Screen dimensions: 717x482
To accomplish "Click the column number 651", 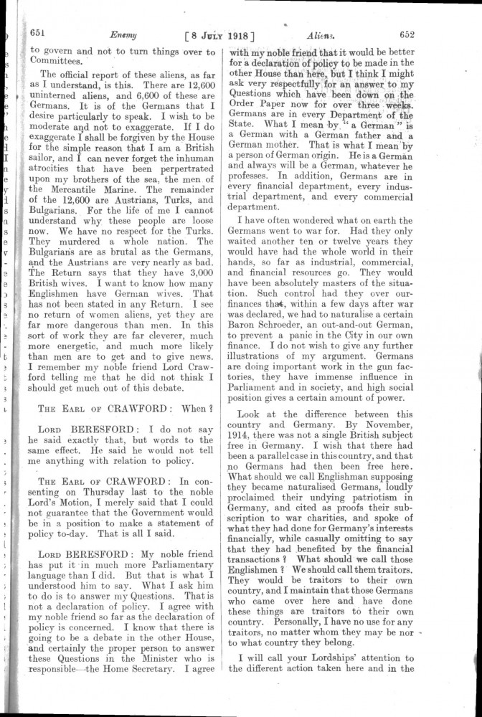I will point(37,32).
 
